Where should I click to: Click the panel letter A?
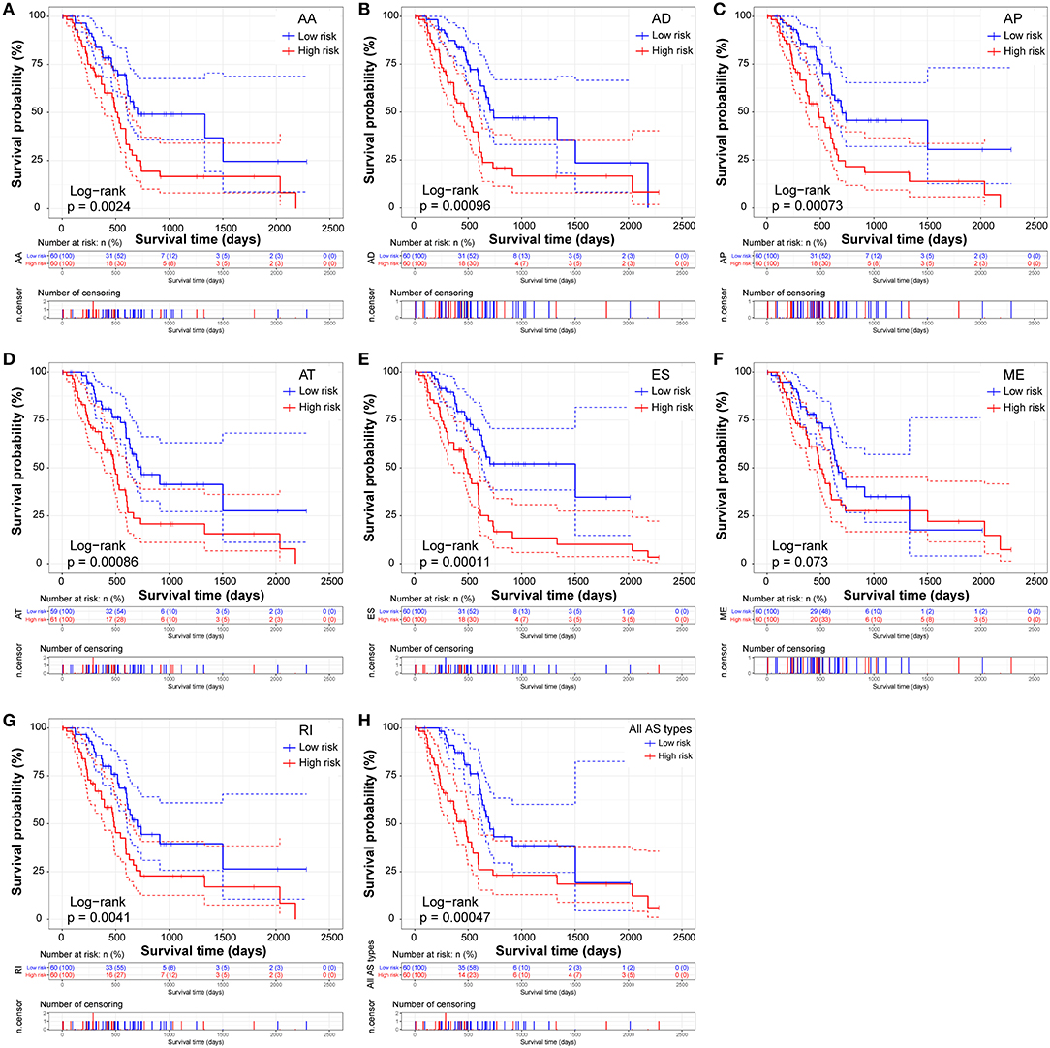(x=9, y=9)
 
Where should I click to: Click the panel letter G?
(x=9, y=720)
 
